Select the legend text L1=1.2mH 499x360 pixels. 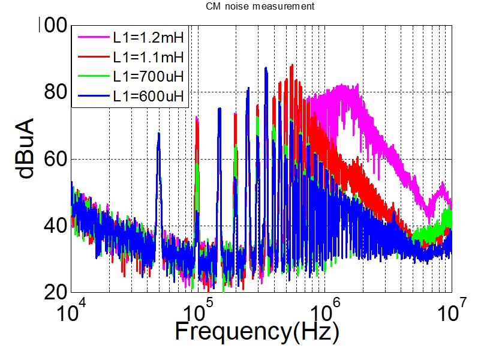pyautogui.click(x=148, y=39)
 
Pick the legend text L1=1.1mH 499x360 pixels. pyautogui.click(x=148, y=58)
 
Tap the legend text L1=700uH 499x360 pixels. pyautogui.click(x=148, y=76)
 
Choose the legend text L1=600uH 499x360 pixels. pyautogui.click(x=148, y=95)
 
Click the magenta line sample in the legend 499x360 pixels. pyautogui.click(x=92, y=39)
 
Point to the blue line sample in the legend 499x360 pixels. pyautogui.click(x=92, y=95)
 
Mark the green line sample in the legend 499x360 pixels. pyautogui.click(x=92, y=76)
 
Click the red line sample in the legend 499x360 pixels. pyautogui.click(x=92, y=58)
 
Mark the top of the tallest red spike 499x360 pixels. pyautogui.click(x=292, y=65)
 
